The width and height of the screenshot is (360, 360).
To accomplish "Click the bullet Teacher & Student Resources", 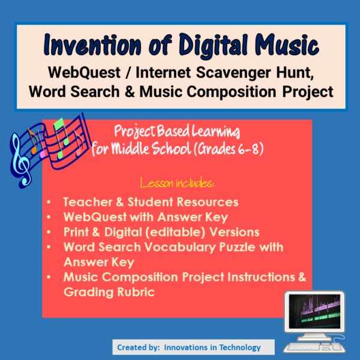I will (x=151, y=202).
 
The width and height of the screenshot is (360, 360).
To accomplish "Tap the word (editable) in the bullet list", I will (x=184, y=232).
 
